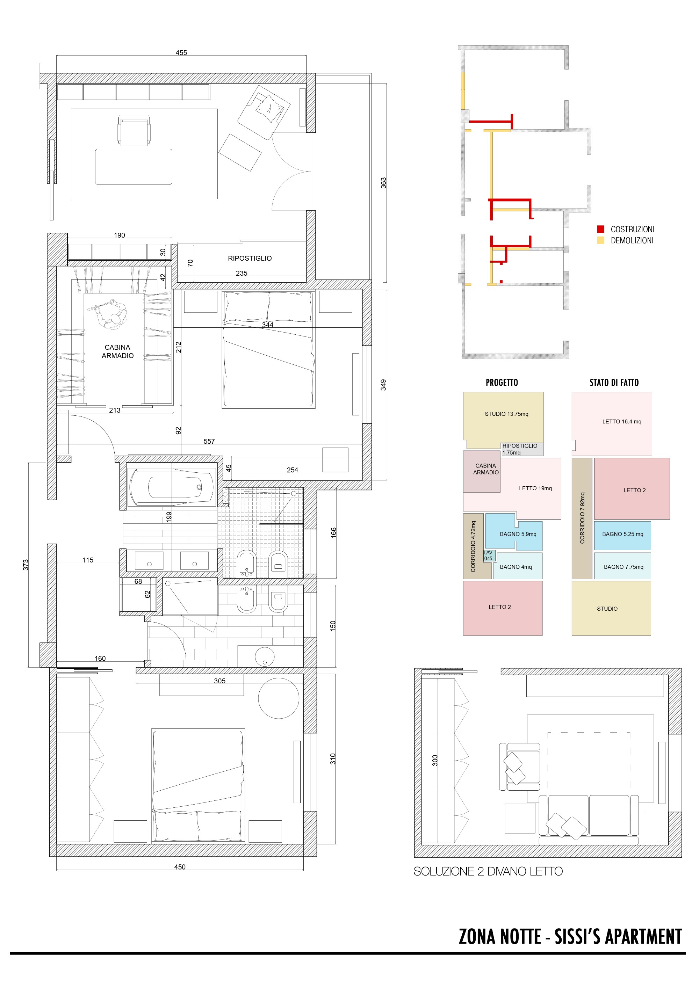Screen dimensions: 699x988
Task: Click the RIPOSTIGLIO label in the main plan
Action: [x=250, y=258]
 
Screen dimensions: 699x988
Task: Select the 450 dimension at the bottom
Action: [x=180, y=867]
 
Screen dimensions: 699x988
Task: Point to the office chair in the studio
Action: [x=134, y=130]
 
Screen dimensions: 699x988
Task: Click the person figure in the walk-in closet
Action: [x=109, y=314]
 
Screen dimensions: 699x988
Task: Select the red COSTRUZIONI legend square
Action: [x=600, y=229]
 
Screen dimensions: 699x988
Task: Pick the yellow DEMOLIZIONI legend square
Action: [x=600, y=241]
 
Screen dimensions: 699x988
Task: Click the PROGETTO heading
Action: [x=502, y=383]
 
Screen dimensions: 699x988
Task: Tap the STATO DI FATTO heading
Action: [x=614, y=383]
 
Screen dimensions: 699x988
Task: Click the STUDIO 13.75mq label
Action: [x=507, y=414]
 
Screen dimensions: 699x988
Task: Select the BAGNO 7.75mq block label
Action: [x=624, y=567]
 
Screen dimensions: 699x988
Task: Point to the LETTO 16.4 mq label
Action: [x=621, y=422]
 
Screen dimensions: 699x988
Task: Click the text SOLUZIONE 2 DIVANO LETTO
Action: [x=488, y=871]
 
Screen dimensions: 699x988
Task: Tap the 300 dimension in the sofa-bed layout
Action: [x=435, y=760]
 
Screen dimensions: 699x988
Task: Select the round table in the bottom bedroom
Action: [x=279, y=698]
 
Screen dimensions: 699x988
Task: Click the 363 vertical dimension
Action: [x=383, y=183]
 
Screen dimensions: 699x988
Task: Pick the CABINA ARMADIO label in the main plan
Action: [x=117, y=351]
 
